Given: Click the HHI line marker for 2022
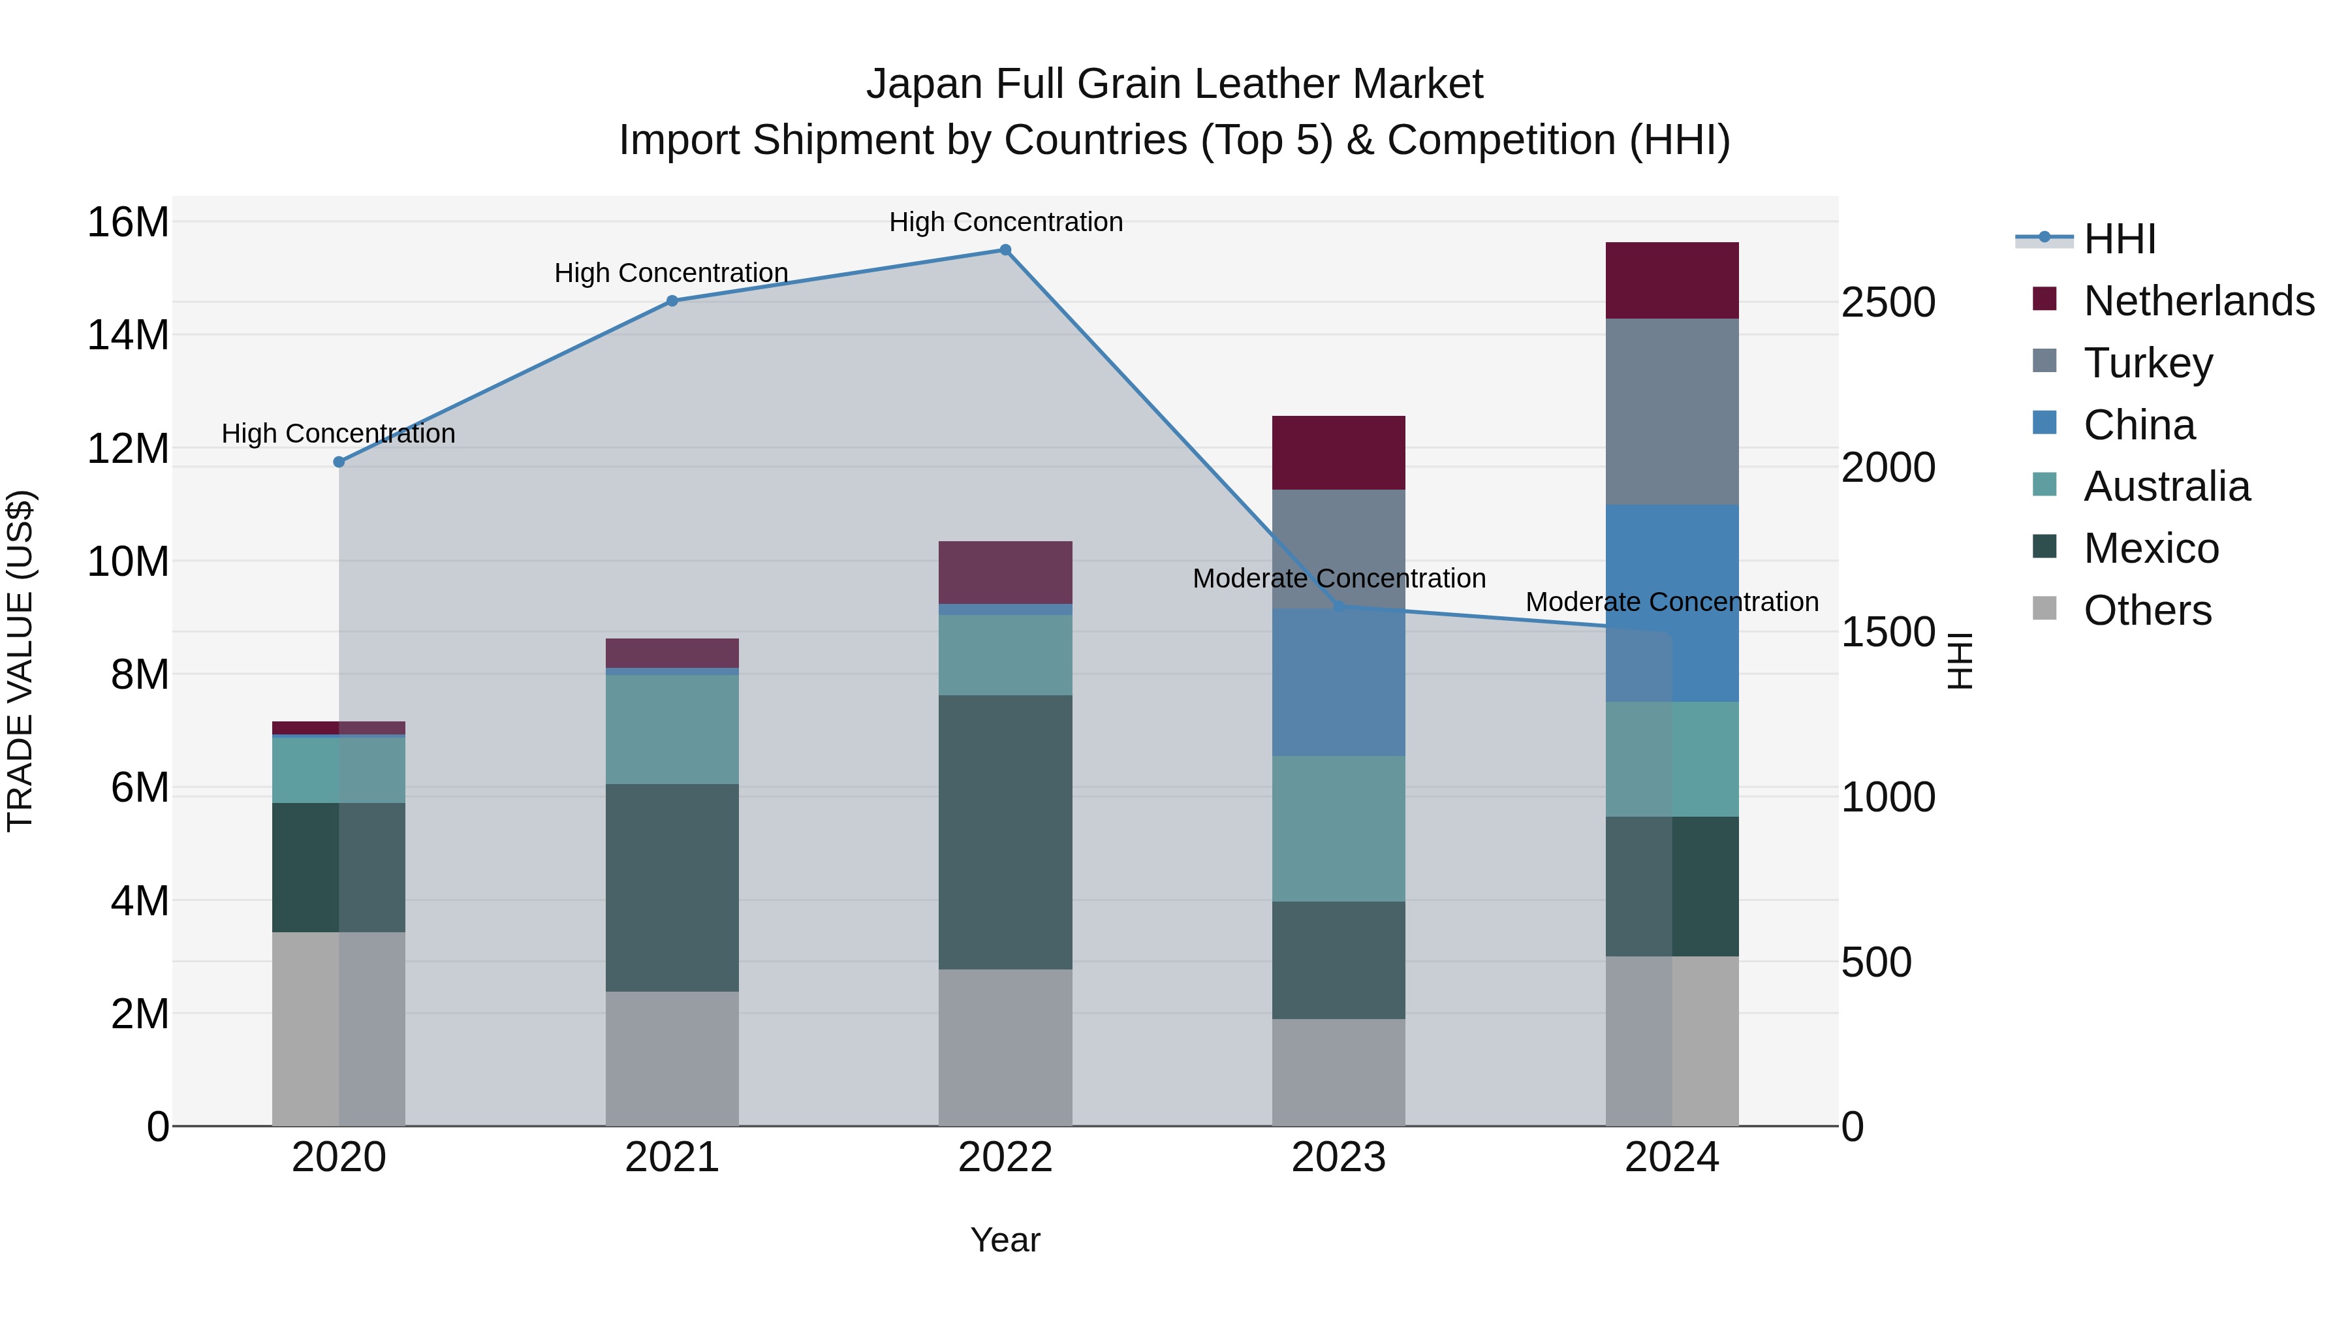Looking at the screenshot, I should [x=1005, y=250].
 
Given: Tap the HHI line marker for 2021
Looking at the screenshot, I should [x=672, y=301].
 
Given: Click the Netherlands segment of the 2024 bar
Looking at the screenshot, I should [x=1672, y=280].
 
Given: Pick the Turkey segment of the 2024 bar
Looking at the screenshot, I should [x=1672, y=411].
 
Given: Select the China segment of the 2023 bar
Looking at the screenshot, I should [x=1338, y=682].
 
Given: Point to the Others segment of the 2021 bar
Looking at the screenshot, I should [x=672, y=1058].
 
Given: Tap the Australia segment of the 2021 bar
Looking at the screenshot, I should [x=672, y=729].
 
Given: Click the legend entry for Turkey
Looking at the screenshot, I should [x=2148, y=362].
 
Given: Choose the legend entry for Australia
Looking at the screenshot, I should [x=2166, y=486].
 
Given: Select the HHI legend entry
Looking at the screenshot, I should [x=2118, y=239].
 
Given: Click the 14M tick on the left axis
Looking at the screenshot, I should [x=128, y=335].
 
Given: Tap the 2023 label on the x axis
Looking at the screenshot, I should [x=1338, y=1157].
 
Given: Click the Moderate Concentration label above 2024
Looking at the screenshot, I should [x=1672, y=602].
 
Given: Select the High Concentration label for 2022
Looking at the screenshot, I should [x=1005, y=222].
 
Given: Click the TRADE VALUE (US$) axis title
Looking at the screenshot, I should [x=21, y=661].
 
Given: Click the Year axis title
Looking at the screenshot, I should [x=1005, y=1240].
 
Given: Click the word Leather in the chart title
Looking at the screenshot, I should [x=1255, y=84].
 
